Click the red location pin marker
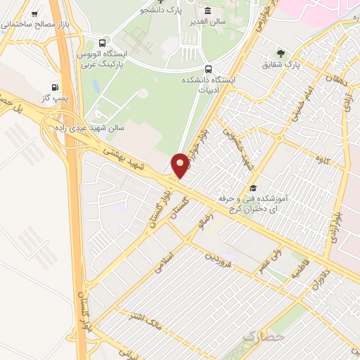click(180, 165)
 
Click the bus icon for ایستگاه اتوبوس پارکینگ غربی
click(104, 41)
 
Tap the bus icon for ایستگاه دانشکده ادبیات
click(208, 69)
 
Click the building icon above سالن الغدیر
click(207, 11)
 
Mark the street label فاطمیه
click(298, 270)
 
